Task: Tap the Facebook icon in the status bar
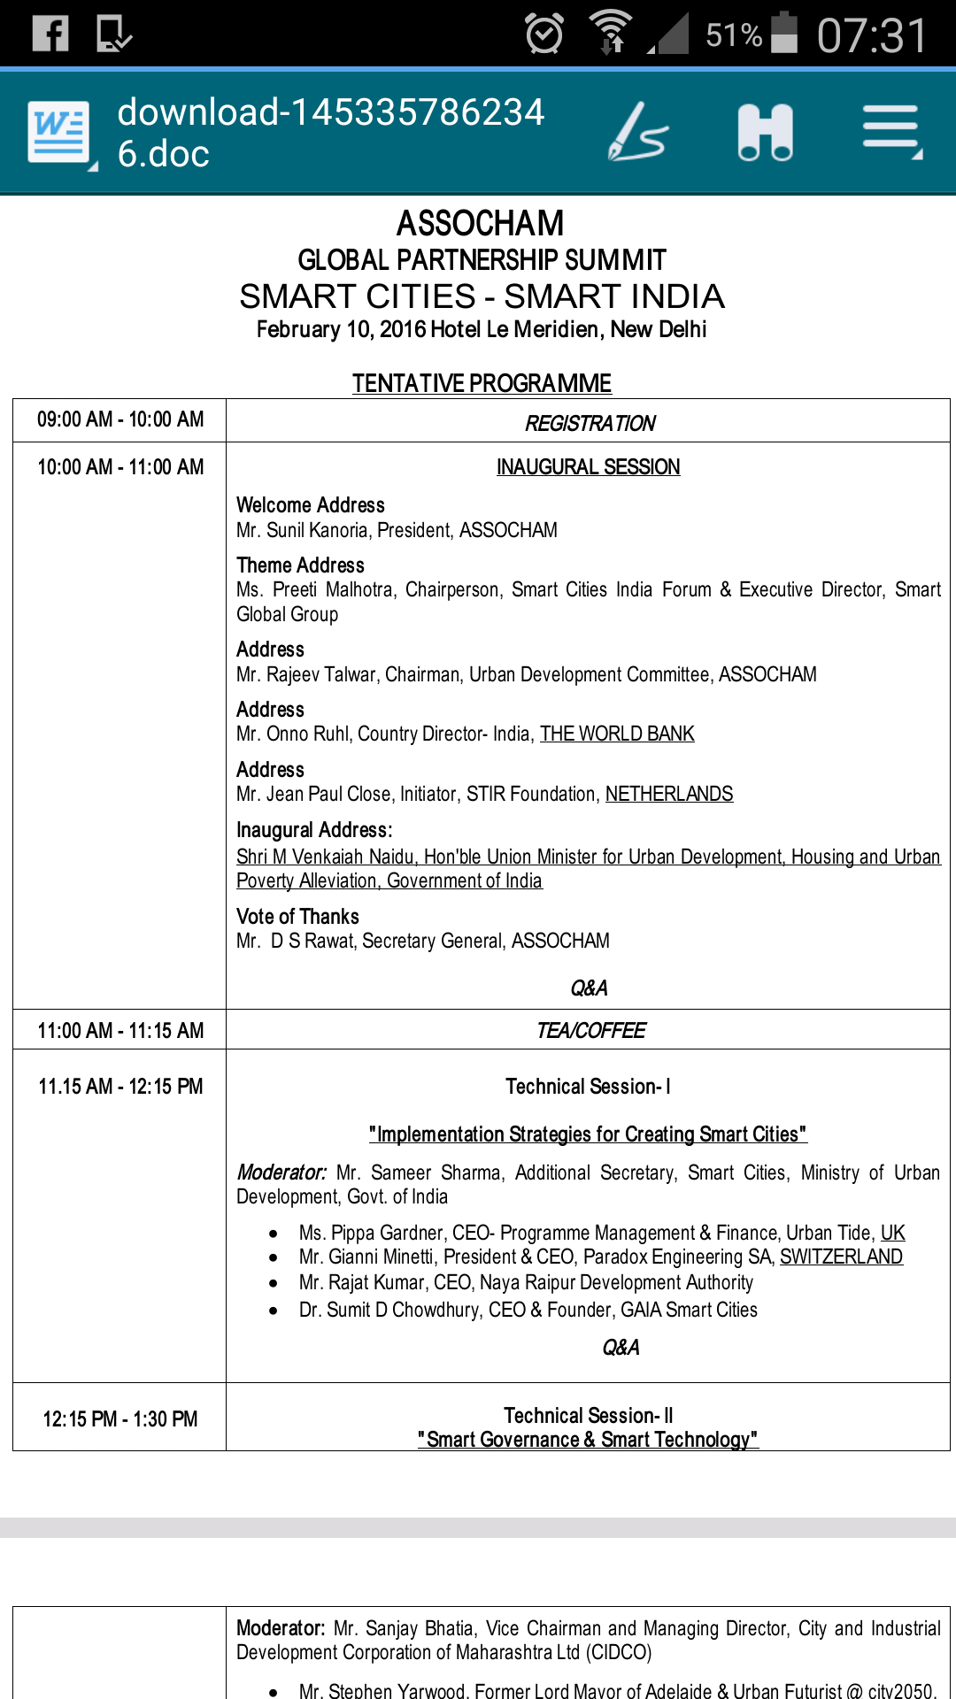[x=50, y=34]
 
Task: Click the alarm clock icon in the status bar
[x=544, y=34]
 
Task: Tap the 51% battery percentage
[x=733, y=35]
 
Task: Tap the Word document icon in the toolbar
[x=59, y=133]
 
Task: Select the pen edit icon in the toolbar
[x=637, y=133]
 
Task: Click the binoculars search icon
[x=766, y=133]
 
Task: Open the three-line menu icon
[x=891, y=131]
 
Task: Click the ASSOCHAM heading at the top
[x=480, y=223]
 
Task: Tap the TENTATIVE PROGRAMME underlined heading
[x=482, y=383]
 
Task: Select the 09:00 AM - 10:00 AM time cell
[x=120, y=419]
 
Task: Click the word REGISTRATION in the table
[x=590, y=424]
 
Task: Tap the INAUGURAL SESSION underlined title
[x=588, y=467]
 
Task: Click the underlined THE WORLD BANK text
[x=617, y=734]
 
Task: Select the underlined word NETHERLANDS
[x=669, y=794]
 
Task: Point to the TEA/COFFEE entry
[x=590, y=1031]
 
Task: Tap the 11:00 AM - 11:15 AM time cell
[x=120, y=1031]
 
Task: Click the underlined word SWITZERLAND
[x=841, y=1257]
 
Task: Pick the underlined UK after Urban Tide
[x=892, y=1233]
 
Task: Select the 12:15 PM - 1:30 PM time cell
[x=120, y=1419]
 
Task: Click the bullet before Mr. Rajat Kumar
[x=274, y=1283]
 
